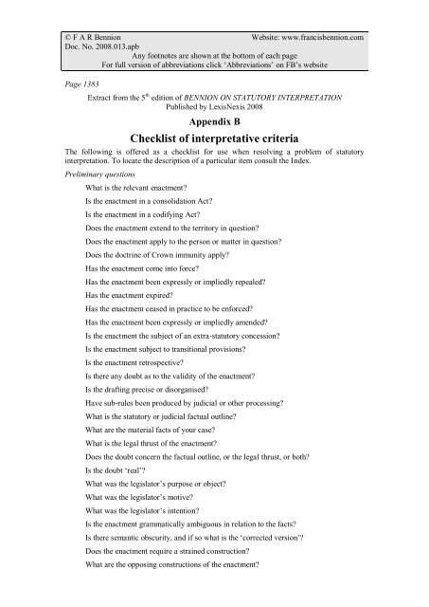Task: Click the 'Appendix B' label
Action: (214, 122)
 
